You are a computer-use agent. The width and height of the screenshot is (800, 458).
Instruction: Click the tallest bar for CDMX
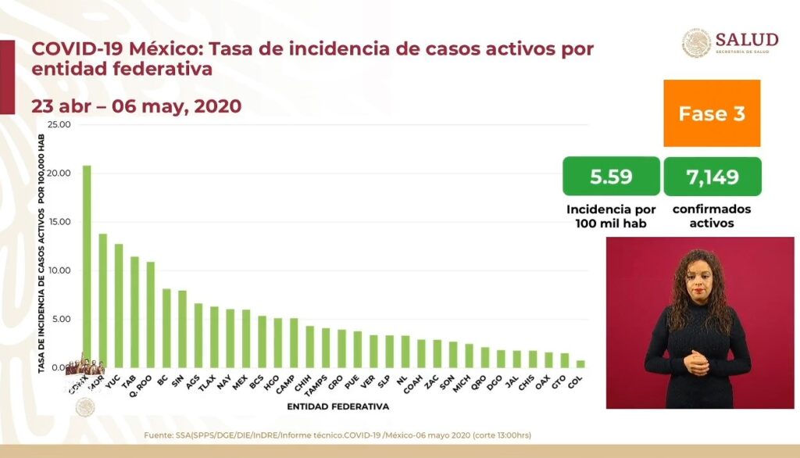click(86, 266)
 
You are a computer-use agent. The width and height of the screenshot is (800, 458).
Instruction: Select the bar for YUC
click(119, 306)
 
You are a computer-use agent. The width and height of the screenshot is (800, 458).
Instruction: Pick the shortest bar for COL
click(580, 363)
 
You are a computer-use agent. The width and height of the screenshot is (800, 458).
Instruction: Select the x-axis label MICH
click(466, 381)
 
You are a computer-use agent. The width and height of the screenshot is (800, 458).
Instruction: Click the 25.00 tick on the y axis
click(59, 124)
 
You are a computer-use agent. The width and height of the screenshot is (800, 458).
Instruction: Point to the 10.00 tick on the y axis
click(59, 270)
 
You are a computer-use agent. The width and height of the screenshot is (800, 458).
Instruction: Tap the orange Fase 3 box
click(712, 113)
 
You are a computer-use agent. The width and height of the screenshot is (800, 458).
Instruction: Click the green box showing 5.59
click(609, 177)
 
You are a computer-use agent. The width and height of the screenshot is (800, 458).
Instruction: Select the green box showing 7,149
click(712, 177)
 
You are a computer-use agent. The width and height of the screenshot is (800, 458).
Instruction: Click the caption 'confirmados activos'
click(711, 216)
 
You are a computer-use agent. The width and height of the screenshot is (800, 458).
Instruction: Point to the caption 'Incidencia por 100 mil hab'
click(609, 216)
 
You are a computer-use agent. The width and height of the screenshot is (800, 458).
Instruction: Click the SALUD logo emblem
click(696, 43)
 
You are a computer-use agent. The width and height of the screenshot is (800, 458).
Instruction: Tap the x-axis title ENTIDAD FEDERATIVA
click(337, 406)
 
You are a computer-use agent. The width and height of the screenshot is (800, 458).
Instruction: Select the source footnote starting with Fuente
click(337, 435)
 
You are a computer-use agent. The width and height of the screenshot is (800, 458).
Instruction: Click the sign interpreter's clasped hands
click(695, 361)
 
